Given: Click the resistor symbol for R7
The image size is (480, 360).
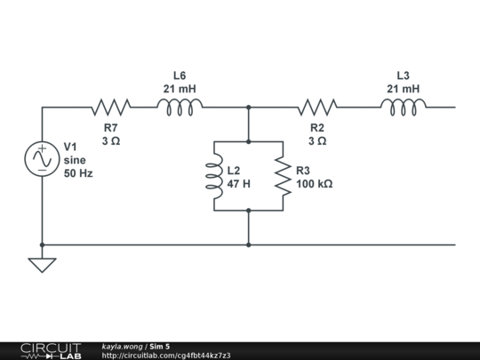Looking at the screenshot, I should click(110, 108).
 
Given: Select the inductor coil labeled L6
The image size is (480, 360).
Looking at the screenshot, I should click(180, 107).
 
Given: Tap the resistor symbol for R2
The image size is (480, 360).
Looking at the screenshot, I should click(317, 108).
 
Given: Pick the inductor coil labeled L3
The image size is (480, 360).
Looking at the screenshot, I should click(404, 107).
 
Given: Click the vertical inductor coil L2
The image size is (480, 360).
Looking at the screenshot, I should click(214, 176).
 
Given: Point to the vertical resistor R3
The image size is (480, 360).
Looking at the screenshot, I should click(283, 176).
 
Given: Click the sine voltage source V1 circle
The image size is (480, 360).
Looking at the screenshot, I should click(42, 159).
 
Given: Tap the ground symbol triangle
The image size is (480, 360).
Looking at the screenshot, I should click(42, 264).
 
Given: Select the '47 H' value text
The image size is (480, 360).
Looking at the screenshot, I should click(239, 184).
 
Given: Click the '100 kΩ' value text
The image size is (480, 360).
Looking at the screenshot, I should click(315, 184).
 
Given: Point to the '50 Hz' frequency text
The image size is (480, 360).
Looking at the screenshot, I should click(78, 173).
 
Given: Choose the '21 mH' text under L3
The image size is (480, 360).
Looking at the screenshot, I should click(404, 89).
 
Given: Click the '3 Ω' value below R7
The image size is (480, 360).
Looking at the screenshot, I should click(110, 141).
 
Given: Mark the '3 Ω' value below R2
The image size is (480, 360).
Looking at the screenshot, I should click(317, 141).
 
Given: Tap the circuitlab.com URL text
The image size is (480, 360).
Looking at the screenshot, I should click(166, 356).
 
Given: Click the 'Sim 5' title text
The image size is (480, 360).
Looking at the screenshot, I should click(160, 346).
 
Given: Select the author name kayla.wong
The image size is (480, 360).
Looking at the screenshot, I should click(123, 346).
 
